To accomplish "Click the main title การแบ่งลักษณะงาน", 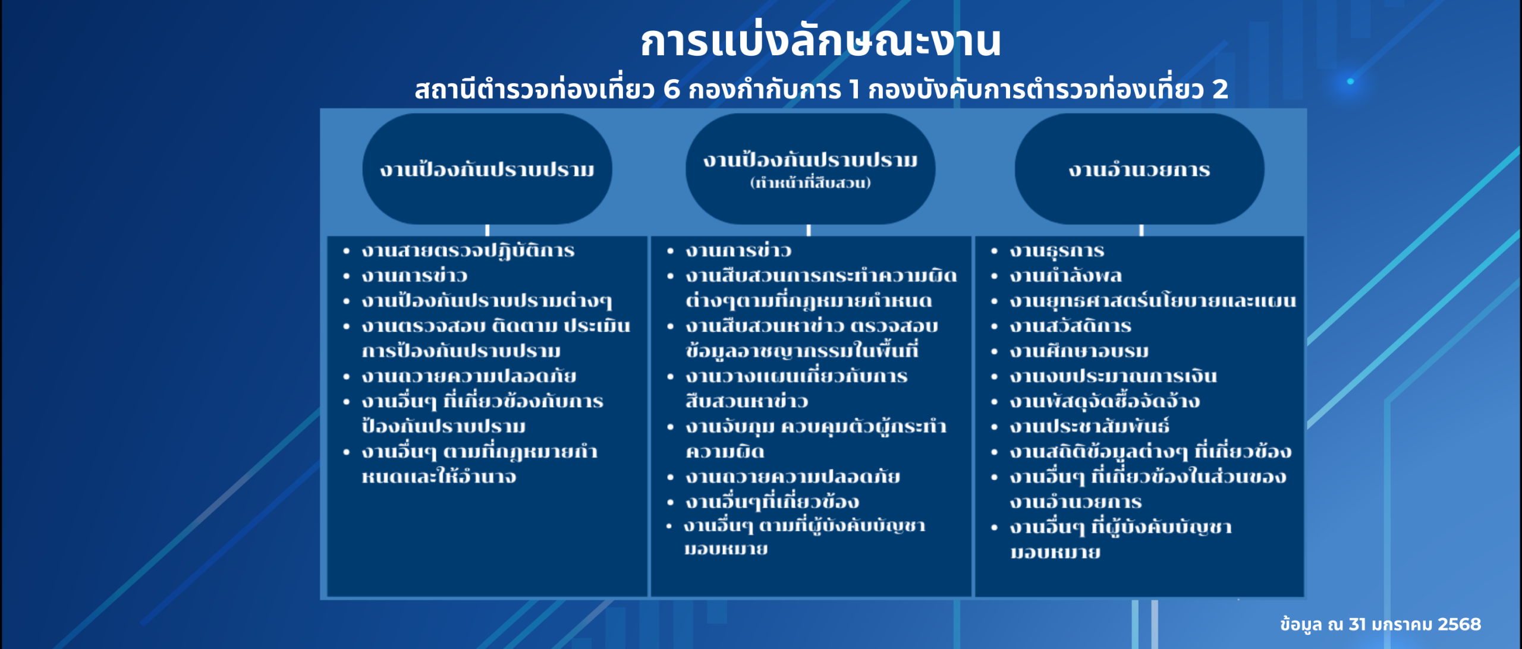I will (x=820, y=42).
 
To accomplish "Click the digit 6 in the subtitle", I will (x=671, y=90).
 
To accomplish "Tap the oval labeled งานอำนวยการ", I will (x=1139, y=170).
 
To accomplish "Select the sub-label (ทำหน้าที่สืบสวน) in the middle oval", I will (x=810, y=183).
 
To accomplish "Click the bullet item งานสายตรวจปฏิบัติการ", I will (x=468, y=251).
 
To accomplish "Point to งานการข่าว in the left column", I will (x=414, y=276).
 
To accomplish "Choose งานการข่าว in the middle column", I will (x=738, y=251).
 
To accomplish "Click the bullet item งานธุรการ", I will (x=1056, y=251).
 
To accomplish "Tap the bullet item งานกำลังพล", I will (x=1065, y=276).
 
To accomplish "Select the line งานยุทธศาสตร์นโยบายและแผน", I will (x=1152, y=301).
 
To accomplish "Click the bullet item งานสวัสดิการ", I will (x=1070, y=326).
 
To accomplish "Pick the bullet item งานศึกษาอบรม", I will (x=1079, y=351).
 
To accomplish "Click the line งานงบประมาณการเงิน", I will (x=1113, y=376).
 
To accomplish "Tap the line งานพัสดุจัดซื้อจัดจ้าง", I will (x=1105, y=402).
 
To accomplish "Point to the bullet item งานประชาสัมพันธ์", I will (x=1089, y=427).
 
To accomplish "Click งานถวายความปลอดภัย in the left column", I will (x=468, y=376).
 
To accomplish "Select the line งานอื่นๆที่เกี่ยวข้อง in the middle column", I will (x=772, y=502).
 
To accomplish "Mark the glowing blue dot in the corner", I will (x=1350, y=81).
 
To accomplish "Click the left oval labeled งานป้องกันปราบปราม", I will (x=487, y=170).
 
